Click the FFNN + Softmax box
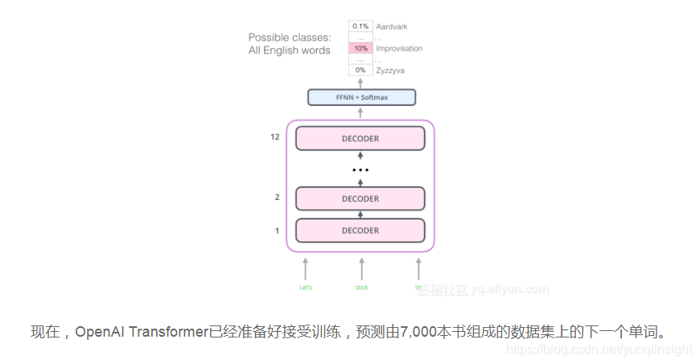(x=361, y=97)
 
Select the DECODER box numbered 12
(x=360, y=138)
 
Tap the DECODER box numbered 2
(x=360, y=198)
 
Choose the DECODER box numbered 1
(x=360, y=231)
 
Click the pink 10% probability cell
(x=360, y=48)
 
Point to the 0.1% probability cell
(x=360, y=27)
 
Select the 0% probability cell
(x=360, y=70)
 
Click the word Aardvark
(x=392, y=27)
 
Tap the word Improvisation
(x=399, y=48)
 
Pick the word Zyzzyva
(x=390, y=71)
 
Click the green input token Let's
(x=306, y=287)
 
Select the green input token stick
(x=361, y=287)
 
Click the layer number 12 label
(x=275, y=137)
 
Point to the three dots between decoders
(x=360, y=170)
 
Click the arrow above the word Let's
(x=306, y=268)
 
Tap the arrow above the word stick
(x=361, y=268)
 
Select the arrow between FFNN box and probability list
(x=360, y=82)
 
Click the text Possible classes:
(x=290, y=37)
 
